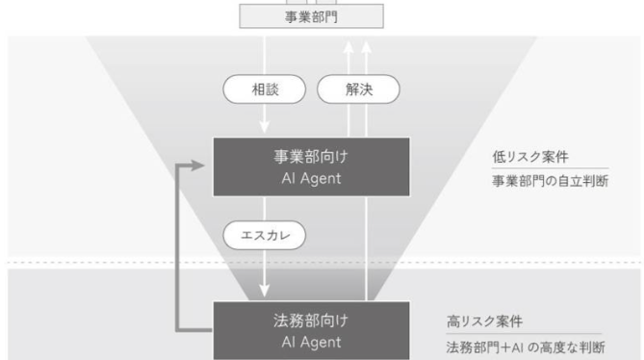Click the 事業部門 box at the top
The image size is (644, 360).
coord(311,16)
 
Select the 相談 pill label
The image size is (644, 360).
coord(265,90)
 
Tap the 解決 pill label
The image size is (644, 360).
coord(358,90)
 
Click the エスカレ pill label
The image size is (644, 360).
coord(265,235)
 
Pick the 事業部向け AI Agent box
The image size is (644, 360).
coord(311,167)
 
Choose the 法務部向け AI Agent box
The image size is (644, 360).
coord(311,330)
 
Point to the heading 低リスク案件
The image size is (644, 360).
coord(530,157)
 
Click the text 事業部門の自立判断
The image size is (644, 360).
coord(551,181)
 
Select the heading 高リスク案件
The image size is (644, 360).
coord(484,321)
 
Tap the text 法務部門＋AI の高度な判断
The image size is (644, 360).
coord(526,347)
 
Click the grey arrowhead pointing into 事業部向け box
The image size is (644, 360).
coord(197,166)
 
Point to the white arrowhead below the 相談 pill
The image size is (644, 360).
coord(265,126)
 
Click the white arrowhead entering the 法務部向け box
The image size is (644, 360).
coord(265,291)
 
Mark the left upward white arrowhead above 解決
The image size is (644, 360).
coord(348,47)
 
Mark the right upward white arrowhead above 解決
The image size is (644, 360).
coord(367,47)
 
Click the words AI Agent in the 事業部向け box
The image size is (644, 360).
coord(311,179)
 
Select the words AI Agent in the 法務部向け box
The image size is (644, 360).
coord(311,343)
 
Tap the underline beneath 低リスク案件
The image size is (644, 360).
coord(551,167)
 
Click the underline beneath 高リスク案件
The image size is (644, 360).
coord(524,334)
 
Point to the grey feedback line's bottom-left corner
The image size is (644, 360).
coord(176,330)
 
